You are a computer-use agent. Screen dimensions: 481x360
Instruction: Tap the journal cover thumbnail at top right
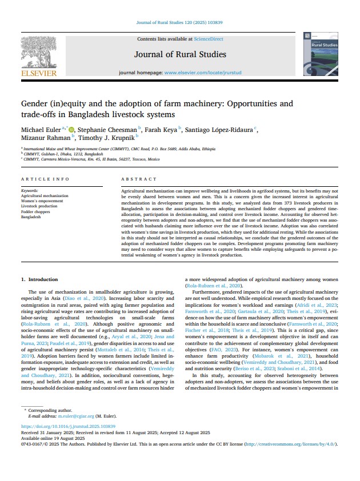pos(321,55)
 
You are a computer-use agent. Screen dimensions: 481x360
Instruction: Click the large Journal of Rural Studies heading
pos(180,55)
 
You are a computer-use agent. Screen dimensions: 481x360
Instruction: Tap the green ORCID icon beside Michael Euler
pos(71,130)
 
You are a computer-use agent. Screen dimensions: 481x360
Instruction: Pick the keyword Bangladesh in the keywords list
pos(31,217)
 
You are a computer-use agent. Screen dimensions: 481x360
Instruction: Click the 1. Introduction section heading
pos(39,279)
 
